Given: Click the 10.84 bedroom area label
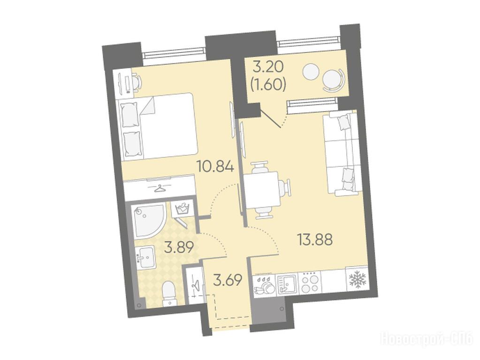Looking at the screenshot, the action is pyautogui.click(x=216, y=167).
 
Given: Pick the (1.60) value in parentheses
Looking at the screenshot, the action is pyautogui.click(x=268, y=85).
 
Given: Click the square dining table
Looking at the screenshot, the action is pyautogui.click(x=262, y=190).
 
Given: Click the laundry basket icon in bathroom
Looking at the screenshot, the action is pyautogui.click(x=182, y=209).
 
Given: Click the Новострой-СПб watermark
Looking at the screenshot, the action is pyautogui.click(x=427, y=339).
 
